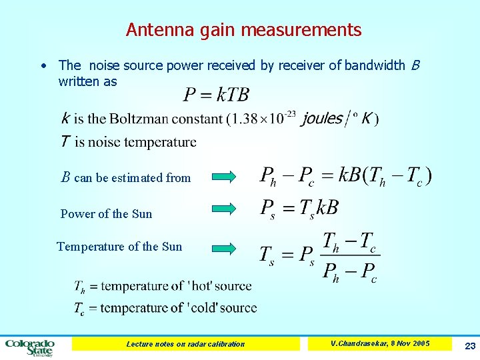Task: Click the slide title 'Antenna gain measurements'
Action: click(x=243, y=30)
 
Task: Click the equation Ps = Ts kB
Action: click(x=299, y=208)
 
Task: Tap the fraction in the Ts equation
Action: click(x=350, y=257)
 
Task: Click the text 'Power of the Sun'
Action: click(x=106, y=214)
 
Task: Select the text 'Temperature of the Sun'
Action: click(x=119, y=247)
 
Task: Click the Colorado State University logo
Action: click(x=30, y=347)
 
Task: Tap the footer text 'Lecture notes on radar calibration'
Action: click(x=185, y=344)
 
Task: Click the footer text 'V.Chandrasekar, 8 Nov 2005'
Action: click(x=380, y=343)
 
